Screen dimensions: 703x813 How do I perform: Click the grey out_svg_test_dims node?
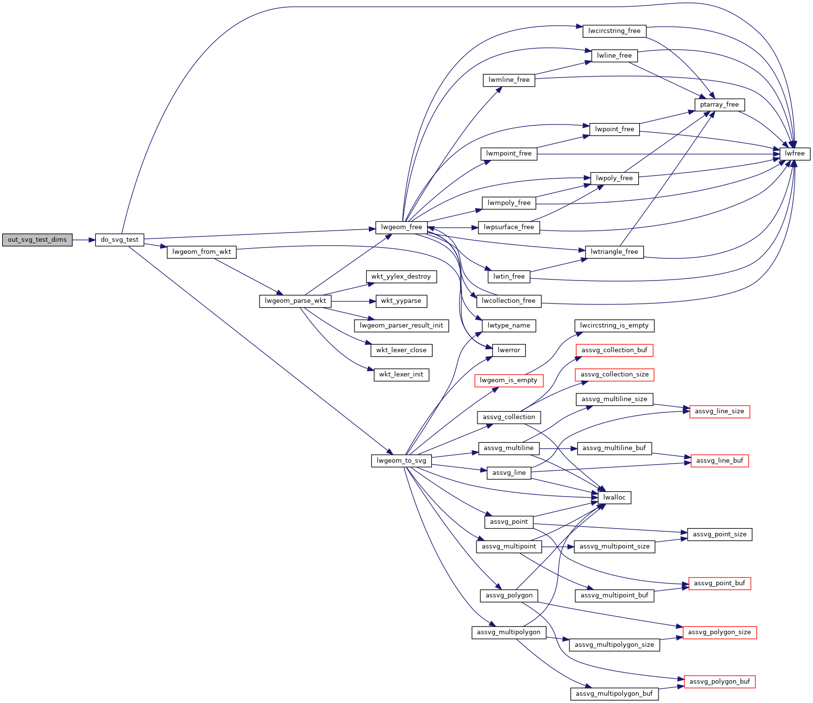(x=37, y=240)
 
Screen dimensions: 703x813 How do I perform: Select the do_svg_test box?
(x=120, y=240)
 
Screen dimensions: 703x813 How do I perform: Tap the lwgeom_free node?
(x=401, y=227)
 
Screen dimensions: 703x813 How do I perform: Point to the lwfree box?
(x=795, y=154)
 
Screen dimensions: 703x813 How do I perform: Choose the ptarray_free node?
(x=720, y=105)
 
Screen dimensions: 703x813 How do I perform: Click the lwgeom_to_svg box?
(x=401, y=461)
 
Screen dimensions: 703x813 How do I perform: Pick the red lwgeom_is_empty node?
(x=508, y=380)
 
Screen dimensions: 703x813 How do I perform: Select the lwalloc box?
(x=614, y=498)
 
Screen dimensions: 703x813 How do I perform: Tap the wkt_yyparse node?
(x=401, y=301)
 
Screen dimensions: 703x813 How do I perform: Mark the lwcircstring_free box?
(x=614, y=31)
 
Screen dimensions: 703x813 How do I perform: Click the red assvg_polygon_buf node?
(x=720, y=682)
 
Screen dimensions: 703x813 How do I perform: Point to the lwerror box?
(x=509, y=350)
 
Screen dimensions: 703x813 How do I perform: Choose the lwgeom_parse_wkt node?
(x=295, y=301)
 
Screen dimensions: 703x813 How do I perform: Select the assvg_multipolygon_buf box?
(x=614, y=694)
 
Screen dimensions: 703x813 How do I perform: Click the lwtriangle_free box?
(x=614, y=252)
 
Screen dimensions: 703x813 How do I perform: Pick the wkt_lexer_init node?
(x=401, y=375)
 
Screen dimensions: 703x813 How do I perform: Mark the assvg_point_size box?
(x=720, y=534)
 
